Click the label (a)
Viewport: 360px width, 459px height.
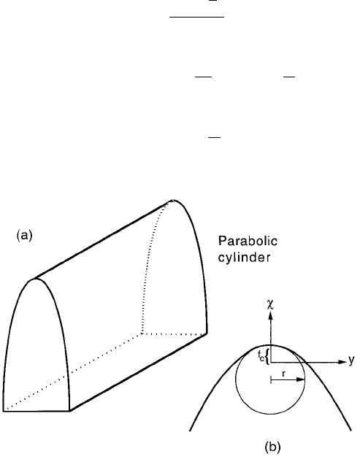(25, 236)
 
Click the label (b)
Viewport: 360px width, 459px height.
(272, 447)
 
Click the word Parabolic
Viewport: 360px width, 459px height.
(248, 242)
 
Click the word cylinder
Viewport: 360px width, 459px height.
(245, 258)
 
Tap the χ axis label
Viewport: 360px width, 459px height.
(270, 305)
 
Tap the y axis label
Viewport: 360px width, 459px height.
(351, 360)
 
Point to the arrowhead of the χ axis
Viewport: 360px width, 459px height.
(270, 315)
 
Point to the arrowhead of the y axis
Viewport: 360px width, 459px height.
(342, 362)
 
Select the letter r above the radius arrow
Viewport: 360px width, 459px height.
(283, 373)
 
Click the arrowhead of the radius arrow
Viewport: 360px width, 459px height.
(301, 379)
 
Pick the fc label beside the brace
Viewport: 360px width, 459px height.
(261, 355)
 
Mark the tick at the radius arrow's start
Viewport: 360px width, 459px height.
(271, 379)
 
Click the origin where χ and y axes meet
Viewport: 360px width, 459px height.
(270, 363)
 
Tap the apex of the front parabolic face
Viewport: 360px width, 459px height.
(36, 278)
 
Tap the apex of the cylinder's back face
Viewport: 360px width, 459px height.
(173, 200)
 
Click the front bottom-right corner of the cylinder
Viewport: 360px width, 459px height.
(69, 411)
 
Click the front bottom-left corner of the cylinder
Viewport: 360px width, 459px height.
(3, 411)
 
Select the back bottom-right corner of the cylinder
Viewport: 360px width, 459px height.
(207, 333)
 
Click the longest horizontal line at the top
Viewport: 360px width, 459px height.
(197, 17)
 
